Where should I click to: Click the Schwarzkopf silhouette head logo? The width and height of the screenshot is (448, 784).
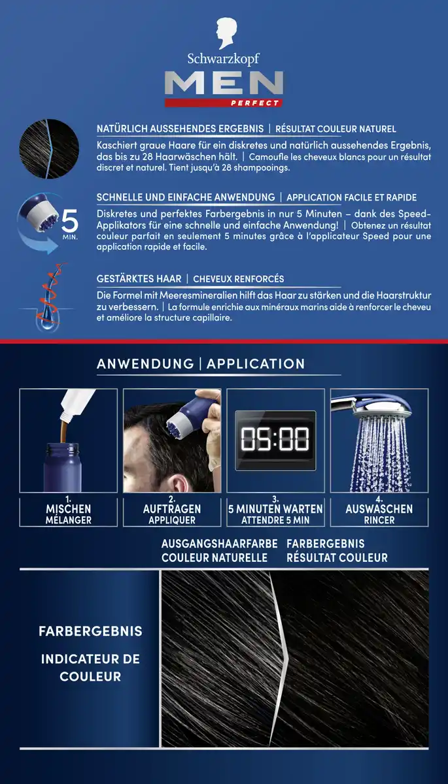[x=226, y=33]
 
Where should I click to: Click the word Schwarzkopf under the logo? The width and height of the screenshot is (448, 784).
[x=223, y=59]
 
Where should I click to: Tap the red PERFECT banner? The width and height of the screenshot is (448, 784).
[x=224, y=103]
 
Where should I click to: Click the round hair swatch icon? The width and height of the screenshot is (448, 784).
[x=49, y=149]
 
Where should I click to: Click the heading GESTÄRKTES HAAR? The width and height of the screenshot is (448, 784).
[x=139, y=279]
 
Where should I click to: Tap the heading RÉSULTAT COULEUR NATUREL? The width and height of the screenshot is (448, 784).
[x=336, y=129]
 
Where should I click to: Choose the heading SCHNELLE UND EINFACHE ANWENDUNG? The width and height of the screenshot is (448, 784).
[x=186, y=197]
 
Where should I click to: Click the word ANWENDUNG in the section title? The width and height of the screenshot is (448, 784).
[x=145, y=364]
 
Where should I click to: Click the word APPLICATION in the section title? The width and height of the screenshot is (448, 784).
[x=256, y=364]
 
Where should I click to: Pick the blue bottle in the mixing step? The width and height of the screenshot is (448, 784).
[x=62, y=467]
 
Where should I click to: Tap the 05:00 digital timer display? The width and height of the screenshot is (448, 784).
[x=275, y=440]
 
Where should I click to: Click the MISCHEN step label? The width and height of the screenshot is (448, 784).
[x=68, y=509]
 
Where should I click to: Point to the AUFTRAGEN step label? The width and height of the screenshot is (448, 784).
[x=172, y=509]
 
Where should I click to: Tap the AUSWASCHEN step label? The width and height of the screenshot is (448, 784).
[x=379, y=509]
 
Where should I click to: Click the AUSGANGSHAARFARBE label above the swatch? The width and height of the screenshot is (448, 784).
[x=219, y=544]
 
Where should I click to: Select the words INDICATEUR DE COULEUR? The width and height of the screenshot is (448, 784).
[x=90, y=668]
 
